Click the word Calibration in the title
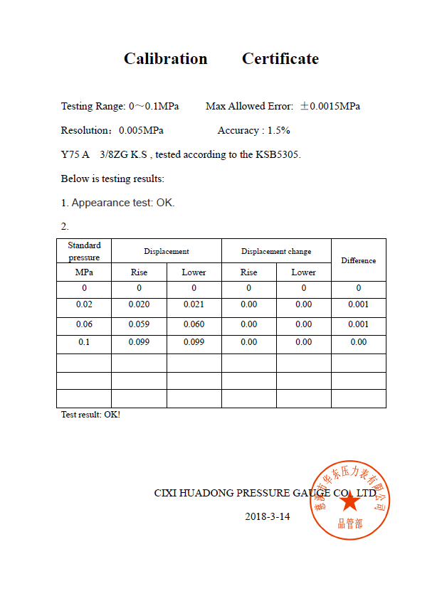(x=165, y=59)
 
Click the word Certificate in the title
(x=280, y=59)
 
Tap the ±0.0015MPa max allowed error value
(x=330, y=107)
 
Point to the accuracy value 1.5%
(x=278, y=131)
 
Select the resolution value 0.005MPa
(x=141, y=131)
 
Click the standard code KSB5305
(x=278, y=155)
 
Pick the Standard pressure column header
(x=84, y=251)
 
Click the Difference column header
(x=358, y=260)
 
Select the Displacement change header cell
(x=276, y=252)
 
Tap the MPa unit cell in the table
(x=84, y=272)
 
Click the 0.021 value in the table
(x=194, y=305)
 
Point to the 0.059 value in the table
(x=139, y=325)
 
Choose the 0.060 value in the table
(x=194, y=325)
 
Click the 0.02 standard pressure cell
(x=84, y=305)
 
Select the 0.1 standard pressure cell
(x=84, y=342)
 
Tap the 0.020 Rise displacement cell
(x=139, y=305)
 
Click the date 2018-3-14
(x=267, y=517)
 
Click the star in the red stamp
(x=349, y=501)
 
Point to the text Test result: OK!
(x=90, y=415)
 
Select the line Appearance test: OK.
(x=117, y=203)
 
